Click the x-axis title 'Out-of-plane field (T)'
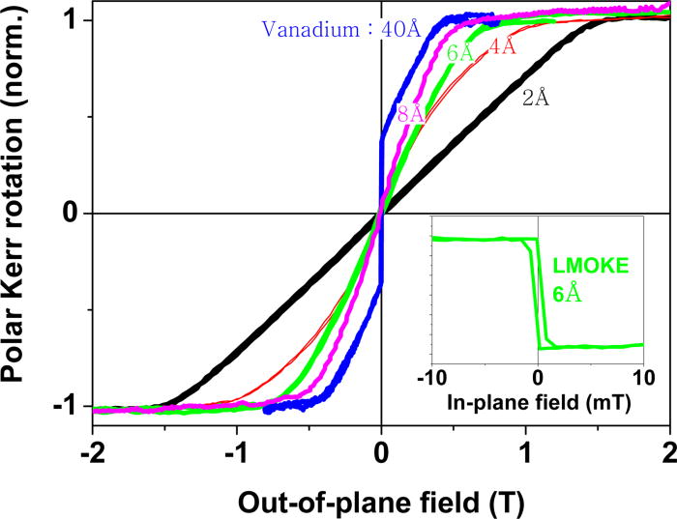[x=381, y=500]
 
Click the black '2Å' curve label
[x=536, y=98]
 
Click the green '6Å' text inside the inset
[x=567, y=295]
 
